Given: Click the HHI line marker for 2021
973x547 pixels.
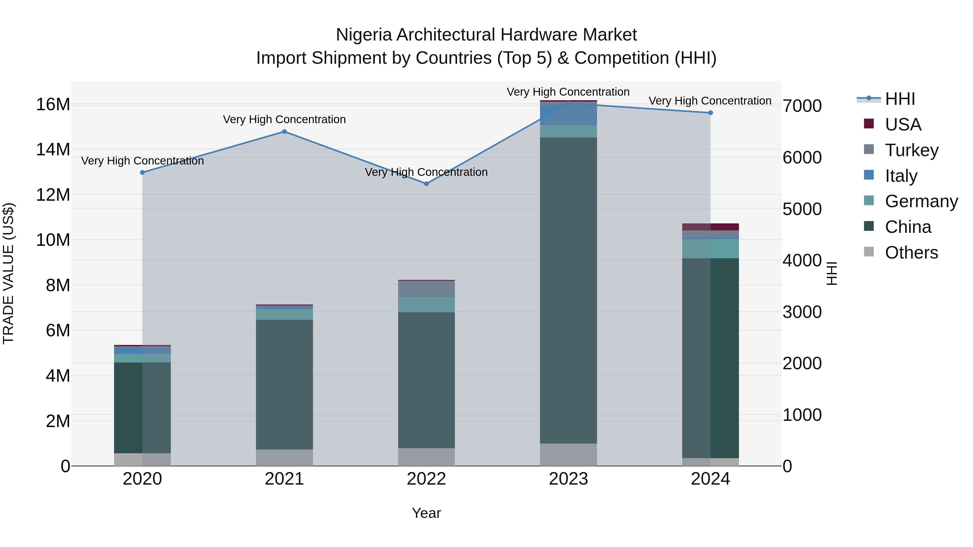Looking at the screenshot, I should point(284,132).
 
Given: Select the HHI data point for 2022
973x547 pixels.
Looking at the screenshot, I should point(426,184).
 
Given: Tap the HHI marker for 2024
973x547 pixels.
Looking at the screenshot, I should point(711,113).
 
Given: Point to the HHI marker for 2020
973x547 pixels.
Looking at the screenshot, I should point(142,173).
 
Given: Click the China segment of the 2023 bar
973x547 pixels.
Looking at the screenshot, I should point(568,291).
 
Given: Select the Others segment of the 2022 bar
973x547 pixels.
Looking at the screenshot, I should point(426,457).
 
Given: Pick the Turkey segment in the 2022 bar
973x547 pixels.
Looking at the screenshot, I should point(426,289).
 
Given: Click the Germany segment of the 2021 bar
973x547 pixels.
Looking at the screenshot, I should point(284,314).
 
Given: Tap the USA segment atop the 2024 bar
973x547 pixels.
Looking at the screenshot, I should point(711,227).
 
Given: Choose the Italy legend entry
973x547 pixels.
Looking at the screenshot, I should point(901,176).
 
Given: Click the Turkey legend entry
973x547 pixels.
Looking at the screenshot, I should point(911,150).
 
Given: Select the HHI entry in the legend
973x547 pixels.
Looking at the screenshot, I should point(900,99).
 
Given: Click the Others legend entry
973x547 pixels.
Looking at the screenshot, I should point(911,253).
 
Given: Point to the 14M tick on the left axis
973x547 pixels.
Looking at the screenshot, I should point(53,149).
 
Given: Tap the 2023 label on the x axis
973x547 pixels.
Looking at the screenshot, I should point(568,479).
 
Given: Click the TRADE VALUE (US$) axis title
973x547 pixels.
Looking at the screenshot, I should point(8,273).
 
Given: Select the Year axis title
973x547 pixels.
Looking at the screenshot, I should point(426,513).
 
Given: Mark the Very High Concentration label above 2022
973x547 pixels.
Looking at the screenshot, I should point(426,172).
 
